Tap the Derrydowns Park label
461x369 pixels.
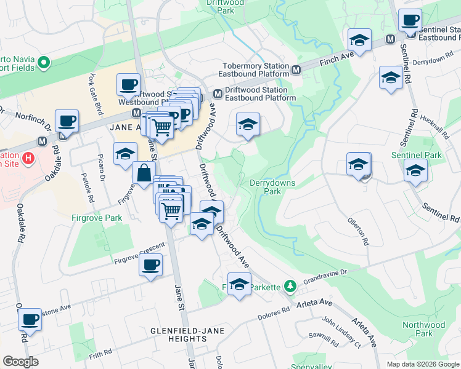point(272,187)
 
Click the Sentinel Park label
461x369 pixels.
point(425,156)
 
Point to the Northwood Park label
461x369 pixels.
point(423,329)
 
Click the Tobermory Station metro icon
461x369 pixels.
point(296,70)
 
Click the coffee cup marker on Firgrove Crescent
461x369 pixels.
point(150,266)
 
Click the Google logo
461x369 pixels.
point(20,361)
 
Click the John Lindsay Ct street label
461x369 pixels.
point(341,332)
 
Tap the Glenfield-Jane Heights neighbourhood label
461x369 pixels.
point(178,335)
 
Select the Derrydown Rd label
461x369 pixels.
point(429,62)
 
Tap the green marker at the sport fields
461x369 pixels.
point(43,63)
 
